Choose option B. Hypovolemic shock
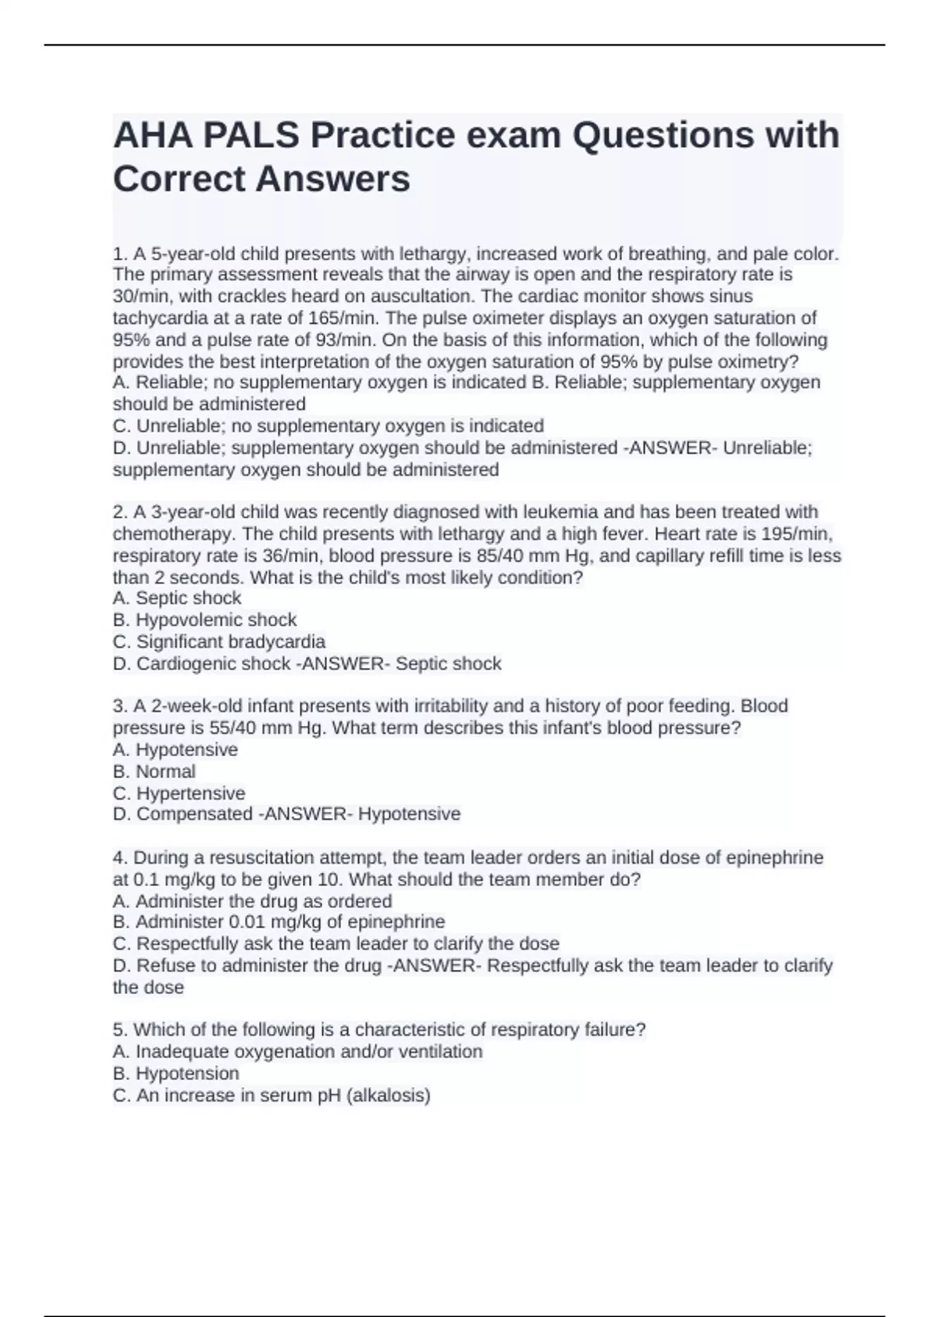coord(205,620)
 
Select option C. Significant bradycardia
coord(219,641)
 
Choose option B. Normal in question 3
coord(154,772)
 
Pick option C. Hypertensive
coord(179,793)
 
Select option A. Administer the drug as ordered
coord(252,901)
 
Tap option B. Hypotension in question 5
coord(176,1074)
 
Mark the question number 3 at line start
coord(119,707)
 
